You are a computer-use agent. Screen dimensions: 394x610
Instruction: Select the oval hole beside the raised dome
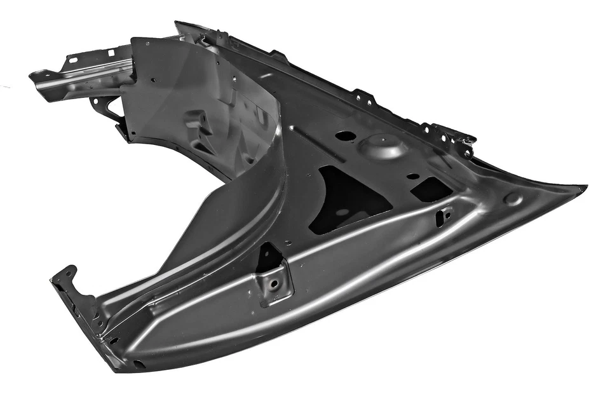point(345,135)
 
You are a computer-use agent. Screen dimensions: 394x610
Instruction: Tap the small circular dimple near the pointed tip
point(512,198)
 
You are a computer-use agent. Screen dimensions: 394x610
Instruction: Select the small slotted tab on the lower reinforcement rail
point(444,215)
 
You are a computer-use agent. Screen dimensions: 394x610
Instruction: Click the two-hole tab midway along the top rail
point(363,97)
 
